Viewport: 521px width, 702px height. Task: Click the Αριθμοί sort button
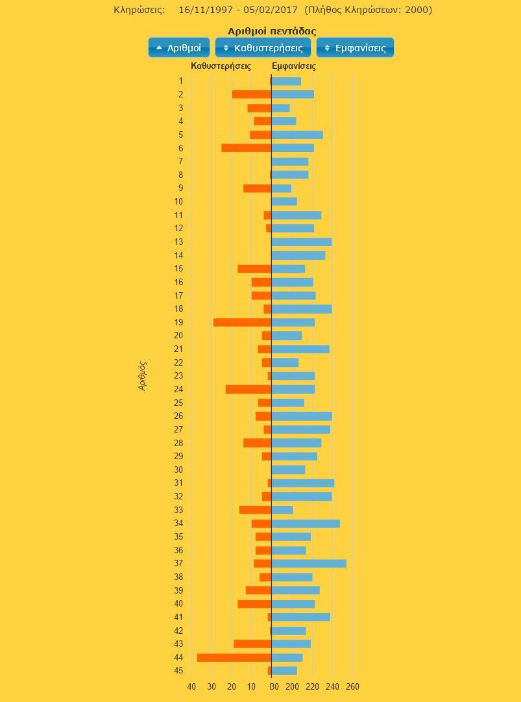[x=179, y=47]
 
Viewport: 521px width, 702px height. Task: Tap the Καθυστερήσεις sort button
[x=263, y=47]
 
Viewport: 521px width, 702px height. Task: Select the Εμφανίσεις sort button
[x=355, y=47]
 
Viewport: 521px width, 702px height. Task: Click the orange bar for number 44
[x=234, y=657]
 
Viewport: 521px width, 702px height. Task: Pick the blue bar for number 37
[x=309, y=564]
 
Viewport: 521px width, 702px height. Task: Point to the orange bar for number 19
[x=242, y=322]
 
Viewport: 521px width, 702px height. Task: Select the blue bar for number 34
[x=306, y=523]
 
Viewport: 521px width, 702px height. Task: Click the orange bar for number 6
[x=246, y=148]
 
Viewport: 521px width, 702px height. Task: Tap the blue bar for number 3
[x=281, y=108]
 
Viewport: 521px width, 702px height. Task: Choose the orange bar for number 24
[x=248, y=389]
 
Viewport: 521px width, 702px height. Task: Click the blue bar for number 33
[x=282, y=510]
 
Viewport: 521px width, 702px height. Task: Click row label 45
[x=178, y=671]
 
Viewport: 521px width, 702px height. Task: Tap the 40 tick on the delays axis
[x=191, y=686]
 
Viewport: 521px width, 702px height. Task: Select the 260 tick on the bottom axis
[x=353, y=686]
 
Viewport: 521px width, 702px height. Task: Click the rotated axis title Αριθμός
[x=143, y=375]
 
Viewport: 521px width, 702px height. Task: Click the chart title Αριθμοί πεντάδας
[x=272, y=31]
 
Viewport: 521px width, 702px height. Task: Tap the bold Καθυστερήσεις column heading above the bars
[x=221, y=66]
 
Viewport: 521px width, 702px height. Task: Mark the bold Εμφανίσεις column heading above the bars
[x=294, y=66]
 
